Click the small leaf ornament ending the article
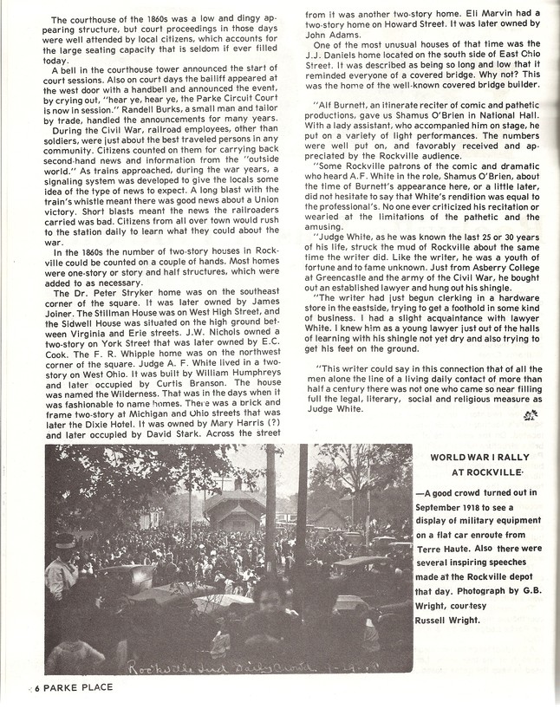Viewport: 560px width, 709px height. (528, 416)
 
